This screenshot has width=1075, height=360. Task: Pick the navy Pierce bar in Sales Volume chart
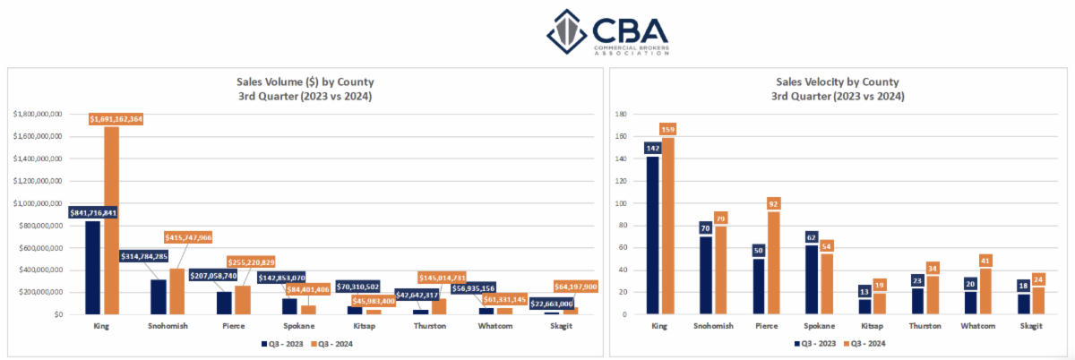(224, 303)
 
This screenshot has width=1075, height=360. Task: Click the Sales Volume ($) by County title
(299, 82)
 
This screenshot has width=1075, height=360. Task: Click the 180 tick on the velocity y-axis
(621, 115)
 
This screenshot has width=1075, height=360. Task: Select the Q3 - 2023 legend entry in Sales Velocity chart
(814, 342)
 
